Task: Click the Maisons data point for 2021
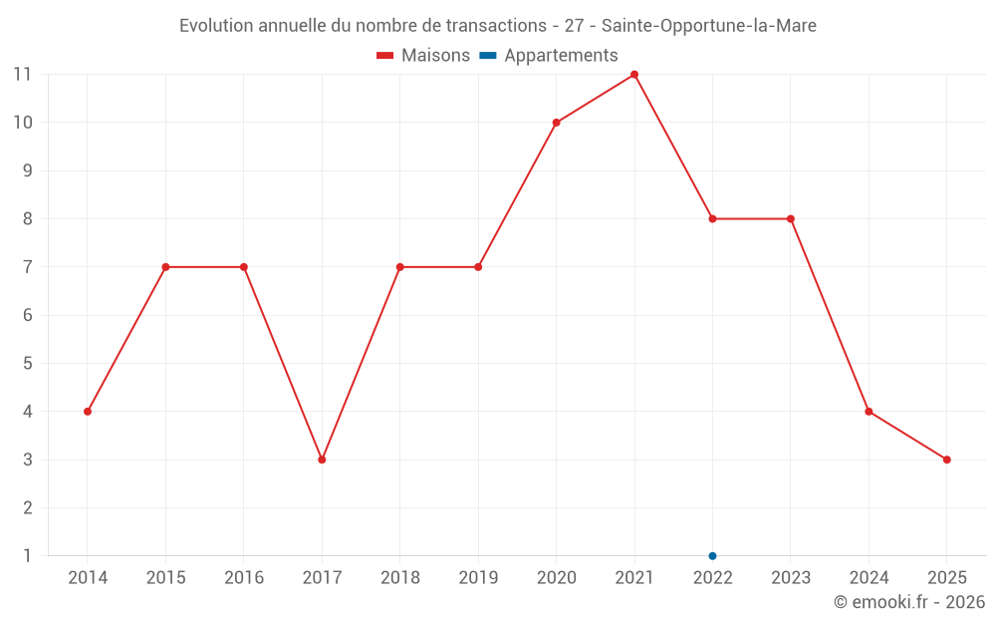[634, 75]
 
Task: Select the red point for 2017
[322, 460]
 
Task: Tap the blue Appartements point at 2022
[712, 555]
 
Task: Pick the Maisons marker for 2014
[88, 412]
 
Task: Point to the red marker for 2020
[556, 123]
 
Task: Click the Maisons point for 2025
[946, 460]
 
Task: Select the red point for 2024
[869, 412]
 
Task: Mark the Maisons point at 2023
[791, 219]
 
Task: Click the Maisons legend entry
[423, 56]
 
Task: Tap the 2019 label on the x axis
[478, 578]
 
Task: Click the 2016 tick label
[244, 578]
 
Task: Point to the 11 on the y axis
[22, 75]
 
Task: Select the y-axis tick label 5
[27, 364]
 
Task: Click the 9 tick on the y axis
[27, 171]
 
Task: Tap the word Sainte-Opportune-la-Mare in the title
[708, 26]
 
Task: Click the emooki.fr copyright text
[908, 602]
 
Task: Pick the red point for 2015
[165, 267]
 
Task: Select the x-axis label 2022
[712, 578]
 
